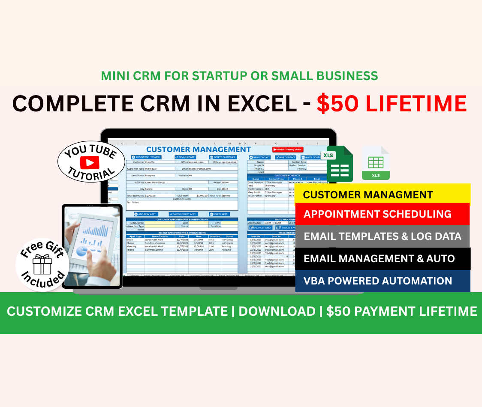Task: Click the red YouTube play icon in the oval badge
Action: [90, 162]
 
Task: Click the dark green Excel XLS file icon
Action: [339, 164]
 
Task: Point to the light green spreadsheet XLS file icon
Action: [376, 163]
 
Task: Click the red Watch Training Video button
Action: [288, 150]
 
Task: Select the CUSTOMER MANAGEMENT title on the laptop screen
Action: [198, 150]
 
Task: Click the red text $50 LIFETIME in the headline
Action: [392, 104]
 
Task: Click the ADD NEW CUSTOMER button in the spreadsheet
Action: [146, 157]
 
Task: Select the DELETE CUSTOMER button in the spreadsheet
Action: [223, 157]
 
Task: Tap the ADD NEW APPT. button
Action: [146, 214]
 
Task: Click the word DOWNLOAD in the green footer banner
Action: [277, 311]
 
